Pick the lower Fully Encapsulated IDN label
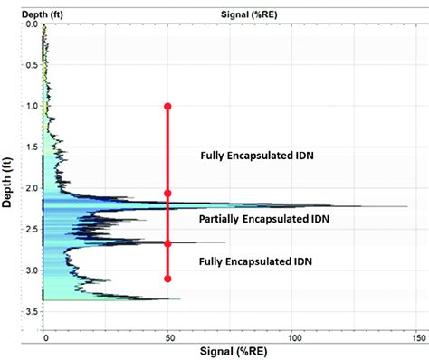click(x=255, y=261)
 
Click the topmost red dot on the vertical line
click(x=167, y=107)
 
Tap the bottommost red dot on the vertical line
click(x=167, y=279)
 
